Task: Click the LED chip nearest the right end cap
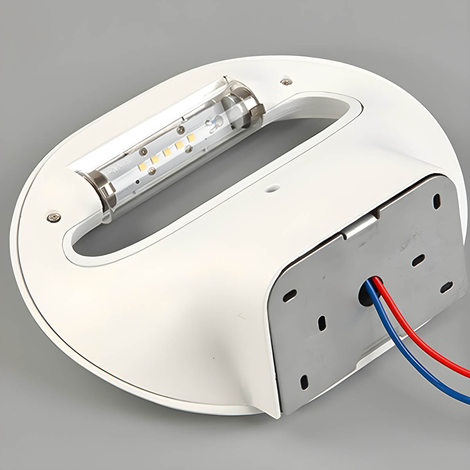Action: [x=192, y=137]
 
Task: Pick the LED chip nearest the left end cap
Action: [x=142, y=167]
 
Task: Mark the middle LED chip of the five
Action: [x=166, y=152]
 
